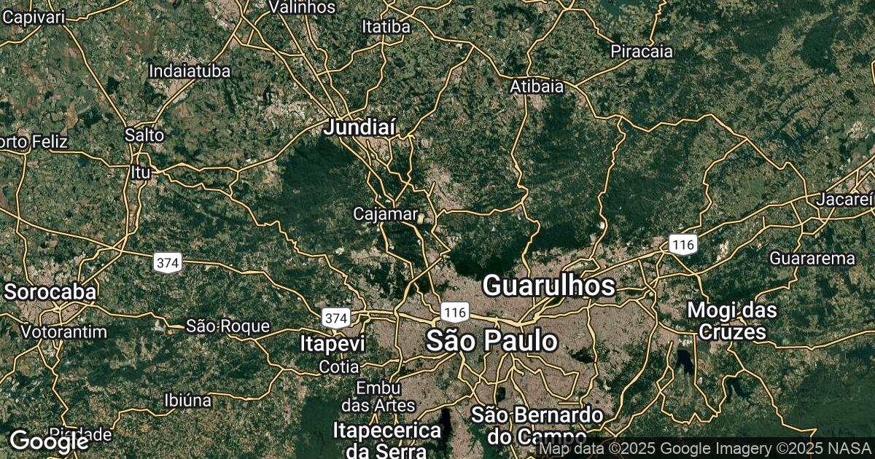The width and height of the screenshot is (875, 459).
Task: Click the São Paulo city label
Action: [x=492, y=341]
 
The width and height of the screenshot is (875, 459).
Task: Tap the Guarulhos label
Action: [x=549, y=286]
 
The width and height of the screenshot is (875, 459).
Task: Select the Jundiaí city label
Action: [x=360, y=127]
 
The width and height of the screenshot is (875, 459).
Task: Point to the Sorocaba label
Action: [x=50, y=292]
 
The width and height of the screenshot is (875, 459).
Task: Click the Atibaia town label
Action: [x=537, y=86]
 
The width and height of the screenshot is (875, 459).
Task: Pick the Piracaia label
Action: [x=642, y=52]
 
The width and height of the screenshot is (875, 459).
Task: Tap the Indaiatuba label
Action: [x=190, y=71]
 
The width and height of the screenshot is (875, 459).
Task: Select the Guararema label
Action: [x=812, y=258]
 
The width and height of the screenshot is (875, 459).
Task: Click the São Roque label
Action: [x=227, y=326]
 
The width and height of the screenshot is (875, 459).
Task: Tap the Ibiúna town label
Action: [x=188, y=400]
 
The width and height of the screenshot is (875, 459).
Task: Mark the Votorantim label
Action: [x=64, y=331]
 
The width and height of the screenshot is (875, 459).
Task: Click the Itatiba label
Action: [x=386, y=27]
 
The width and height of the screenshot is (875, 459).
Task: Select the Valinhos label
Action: [x=302, y=7]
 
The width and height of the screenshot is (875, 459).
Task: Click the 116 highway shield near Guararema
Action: [x=685, y=244]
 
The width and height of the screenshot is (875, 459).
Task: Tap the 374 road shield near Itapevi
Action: [x=336, y=318]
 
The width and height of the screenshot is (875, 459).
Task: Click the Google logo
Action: [x=47, y=440]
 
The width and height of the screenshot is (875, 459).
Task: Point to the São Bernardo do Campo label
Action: [x=537, y=425]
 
